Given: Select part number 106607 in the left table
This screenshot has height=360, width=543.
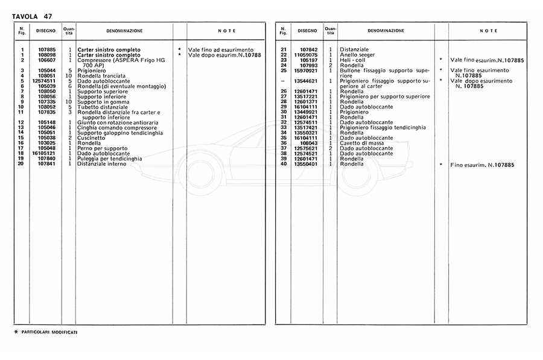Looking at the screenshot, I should point(46,60).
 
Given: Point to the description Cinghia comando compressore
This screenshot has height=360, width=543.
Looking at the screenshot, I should point(113,128).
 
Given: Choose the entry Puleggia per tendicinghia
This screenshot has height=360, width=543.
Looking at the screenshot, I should point(110,159).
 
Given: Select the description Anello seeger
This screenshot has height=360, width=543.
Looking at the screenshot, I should point(358,54).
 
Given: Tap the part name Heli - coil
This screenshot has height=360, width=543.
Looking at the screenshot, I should point(353,60).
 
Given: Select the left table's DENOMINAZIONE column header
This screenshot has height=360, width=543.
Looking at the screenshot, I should point(124,30).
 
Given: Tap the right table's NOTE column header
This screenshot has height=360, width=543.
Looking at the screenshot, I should point(489,30).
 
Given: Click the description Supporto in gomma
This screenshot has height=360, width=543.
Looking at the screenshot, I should point(104,102).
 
